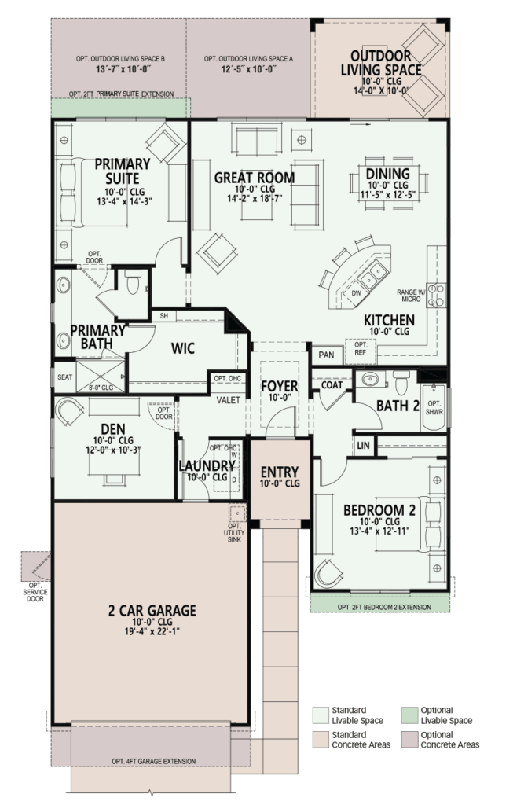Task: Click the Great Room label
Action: click(255, 178)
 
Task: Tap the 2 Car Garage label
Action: click(152, 610)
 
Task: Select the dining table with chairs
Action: click(387, 199)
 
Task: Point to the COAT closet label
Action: click(332, 384)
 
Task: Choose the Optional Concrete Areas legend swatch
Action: click(409, 739)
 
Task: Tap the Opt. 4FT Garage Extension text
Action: click(152, 762)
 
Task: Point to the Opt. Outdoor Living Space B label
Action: click(118, 63)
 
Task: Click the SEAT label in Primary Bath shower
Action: click(64, 377)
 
